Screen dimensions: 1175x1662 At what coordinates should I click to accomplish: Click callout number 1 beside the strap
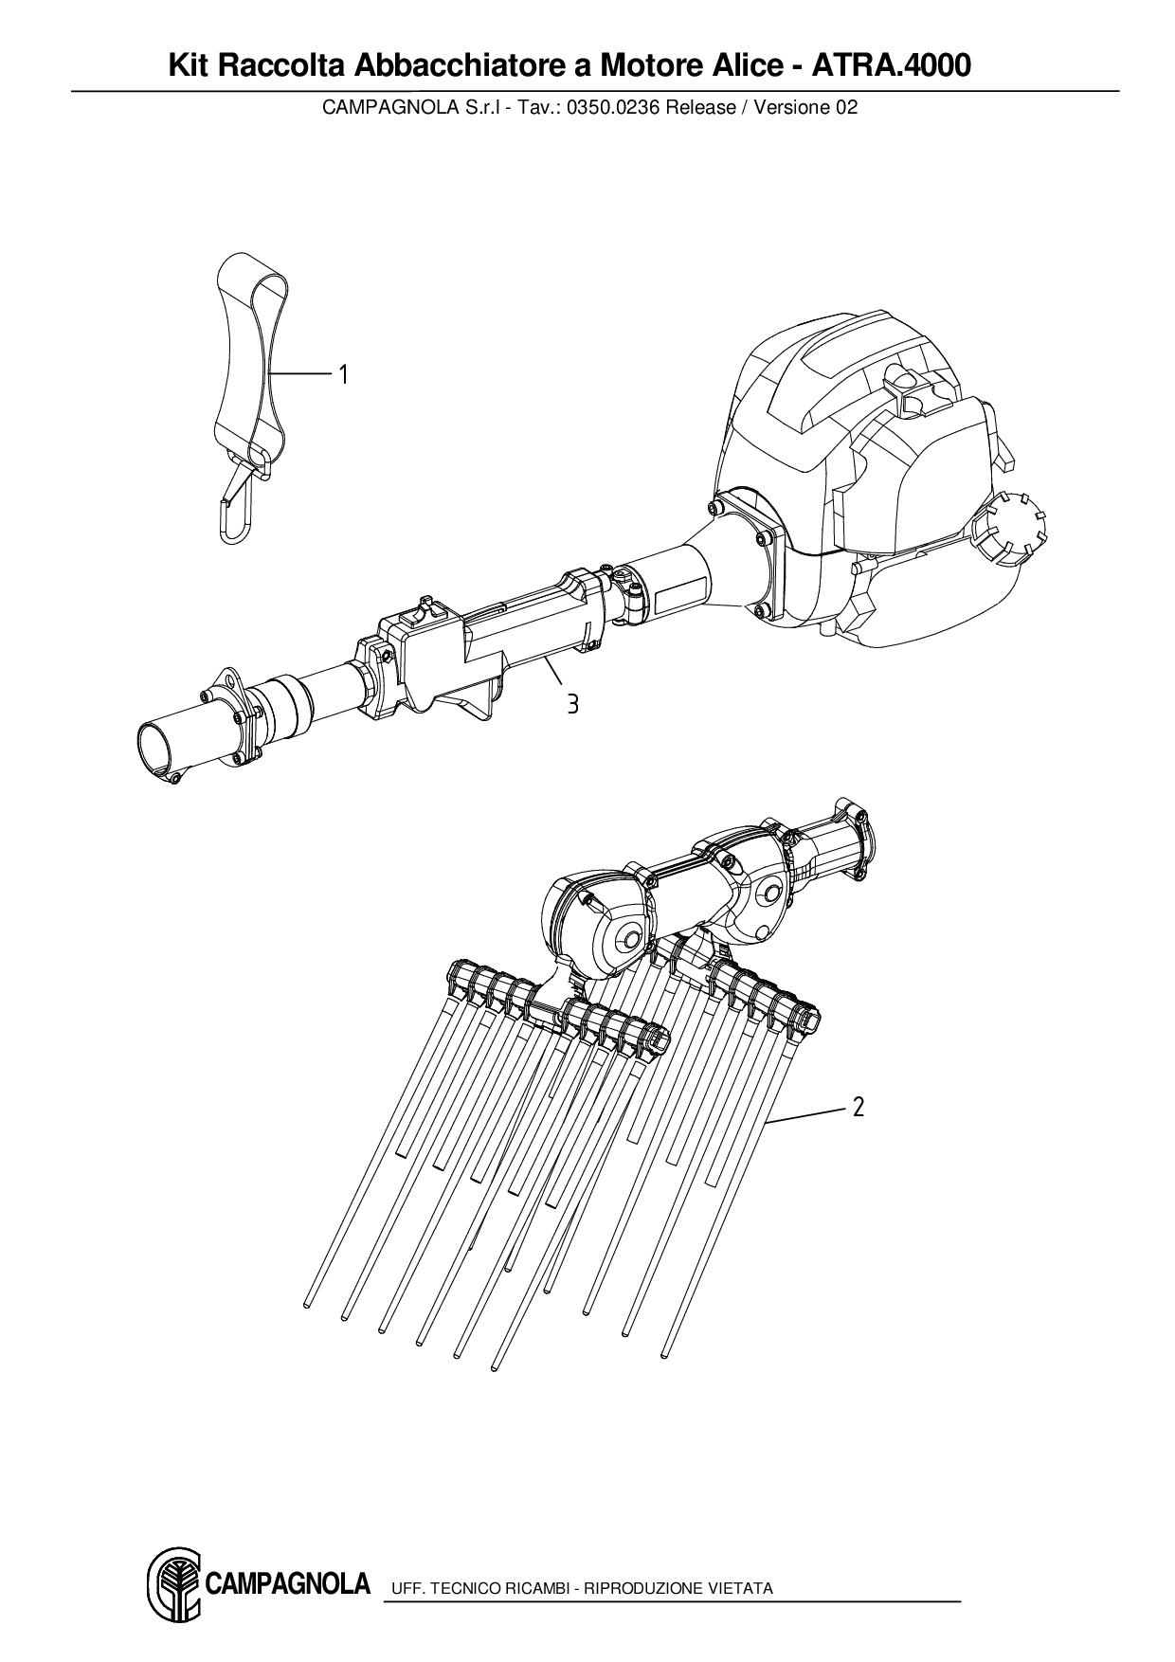pos(344,375)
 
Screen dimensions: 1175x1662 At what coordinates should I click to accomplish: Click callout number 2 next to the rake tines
pos(859,1107)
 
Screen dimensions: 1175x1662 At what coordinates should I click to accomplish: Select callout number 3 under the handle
pos(572,704)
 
